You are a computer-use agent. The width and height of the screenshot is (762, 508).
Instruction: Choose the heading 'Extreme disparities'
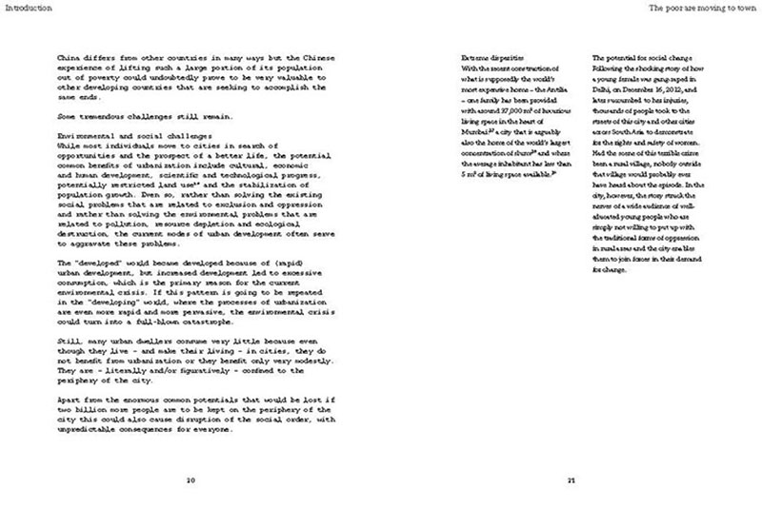[492, 59]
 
